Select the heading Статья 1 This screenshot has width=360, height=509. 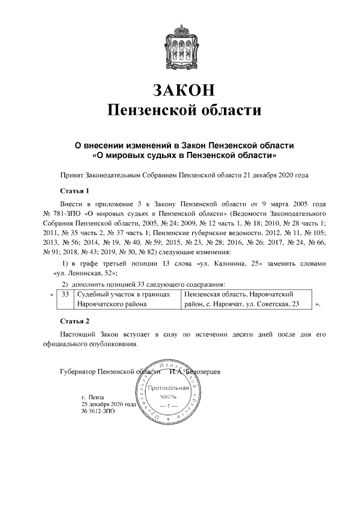(x=74, y=190)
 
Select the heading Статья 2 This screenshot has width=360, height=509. (x=74, y=321)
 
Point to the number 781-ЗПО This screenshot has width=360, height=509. (x=68, y=214)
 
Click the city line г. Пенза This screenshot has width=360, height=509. (x=93, y=397)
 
